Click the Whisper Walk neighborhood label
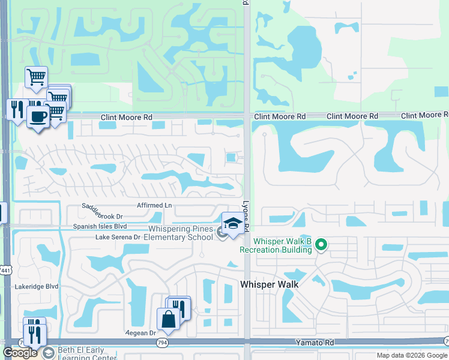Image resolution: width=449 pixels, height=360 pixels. tap(270, 284)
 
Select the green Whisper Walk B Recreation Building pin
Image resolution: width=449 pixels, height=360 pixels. tap(321, 244)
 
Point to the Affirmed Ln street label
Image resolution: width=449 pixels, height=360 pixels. tap(154, 205)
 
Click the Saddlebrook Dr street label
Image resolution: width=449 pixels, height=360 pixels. tap(102, 216)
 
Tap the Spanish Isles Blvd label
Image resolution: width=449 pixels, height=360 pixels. tap(100, 226)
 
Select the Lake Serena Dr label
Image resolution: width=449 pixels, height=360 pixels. tap(118, 237)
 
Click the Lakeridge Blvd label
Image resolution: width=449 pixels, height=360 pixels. tap(37, 287)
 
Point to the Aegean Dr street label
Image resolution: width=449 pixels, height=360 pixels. tap(140, 332)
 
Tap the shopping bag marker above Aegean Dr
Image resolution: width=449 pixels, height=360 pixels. tap(167, 319)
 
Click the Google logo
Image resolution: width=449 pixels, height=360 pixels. tap(20, 353)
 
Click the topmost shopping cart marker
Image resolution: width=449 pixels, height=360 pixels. tap(36, 77)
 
